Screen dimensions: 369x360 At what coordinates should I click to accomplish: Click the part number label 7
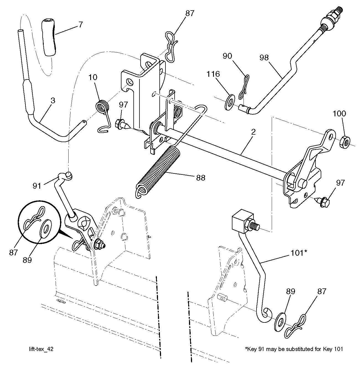click(80, 24)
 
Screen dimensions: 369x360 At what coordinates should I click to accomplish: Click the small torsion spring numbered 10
click(102, 107)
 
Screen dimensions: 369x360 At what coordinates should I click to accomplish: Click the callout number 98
click(265, 58)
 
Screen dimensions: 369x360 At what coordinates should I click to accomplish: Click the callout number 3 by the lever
click(53, 100)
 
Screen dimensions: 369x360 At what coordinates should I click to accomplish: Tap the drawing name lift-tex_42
click(41, 349)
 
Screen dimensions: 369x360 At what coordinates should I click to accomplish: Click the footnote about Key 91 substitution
click(294, 349)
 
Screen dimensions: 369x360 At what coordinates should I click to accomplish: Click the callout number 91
click(37, 185)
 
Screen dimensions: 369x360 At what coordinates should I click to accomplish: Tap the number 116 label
click(214, 74)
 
